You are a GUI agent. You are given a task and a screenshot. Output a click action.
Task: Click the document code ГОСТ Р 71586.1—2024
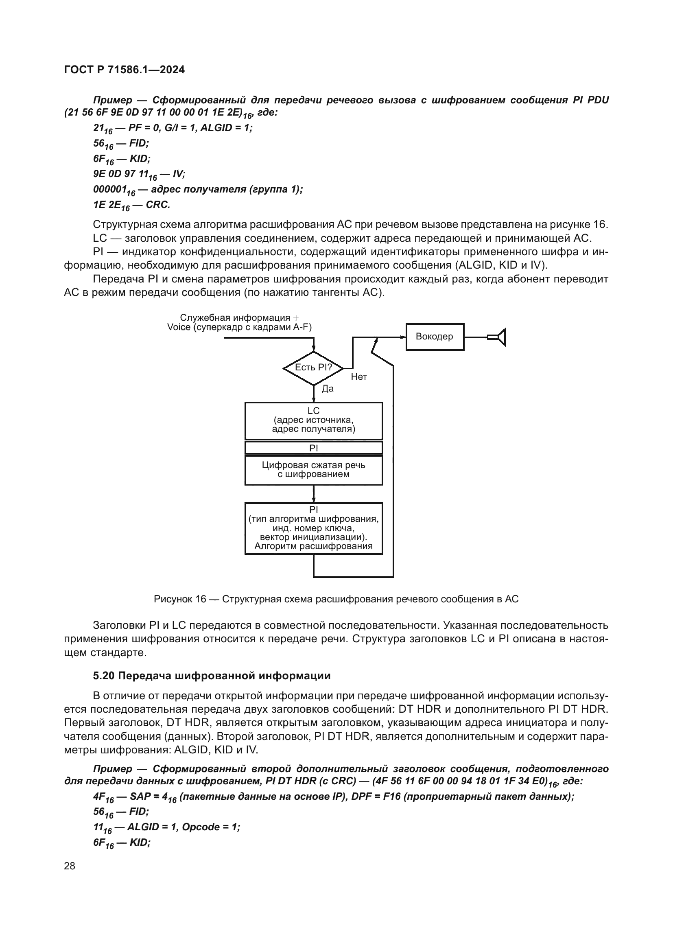point(125,70)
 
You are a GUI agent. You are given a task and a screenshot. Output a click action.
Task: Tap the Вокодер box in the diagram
point(434,337)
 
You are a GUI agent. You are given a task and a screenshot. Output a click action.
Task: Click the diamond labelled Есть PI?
point(313,368)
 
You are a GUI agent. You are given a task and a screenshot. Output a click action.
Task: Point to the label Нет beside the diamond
point(359,377)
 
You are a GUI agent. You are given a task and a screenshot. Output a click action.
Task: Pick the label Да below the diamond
point(328,389)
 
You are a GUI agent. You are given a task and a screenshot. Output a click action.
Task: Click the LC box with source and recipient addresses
point(313,420)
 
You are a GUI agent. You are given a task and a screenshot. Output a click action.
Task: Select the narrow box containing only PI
point(313,448)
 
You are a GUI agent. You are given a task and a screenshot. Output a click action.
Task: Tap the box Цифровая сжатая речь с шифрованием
point(313,470)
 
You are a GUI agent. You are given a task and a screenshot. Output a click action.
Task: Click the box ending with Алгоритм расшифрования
point(313,528)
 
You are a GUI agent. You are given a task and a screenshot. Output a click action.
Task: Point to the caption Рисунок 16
point(336,599)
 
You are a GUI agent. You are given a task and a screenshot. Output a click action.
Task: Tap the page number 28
point(70,866)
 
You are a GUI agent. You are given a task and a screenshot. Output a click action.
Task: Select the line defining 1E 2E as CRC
point(131,205)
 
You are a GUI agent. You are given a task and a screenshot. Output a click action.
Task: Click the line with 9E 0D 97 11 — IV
point(139,175)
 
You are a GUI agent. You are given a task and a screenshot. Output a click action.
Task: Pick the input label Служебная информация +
point(239,318)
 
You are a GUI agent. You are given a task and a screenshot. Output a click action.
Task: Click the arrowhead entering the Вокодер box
point(402,337)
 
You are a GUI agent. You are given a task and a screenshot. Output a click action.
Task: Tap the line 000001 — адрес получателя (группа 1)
point(198,190)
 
